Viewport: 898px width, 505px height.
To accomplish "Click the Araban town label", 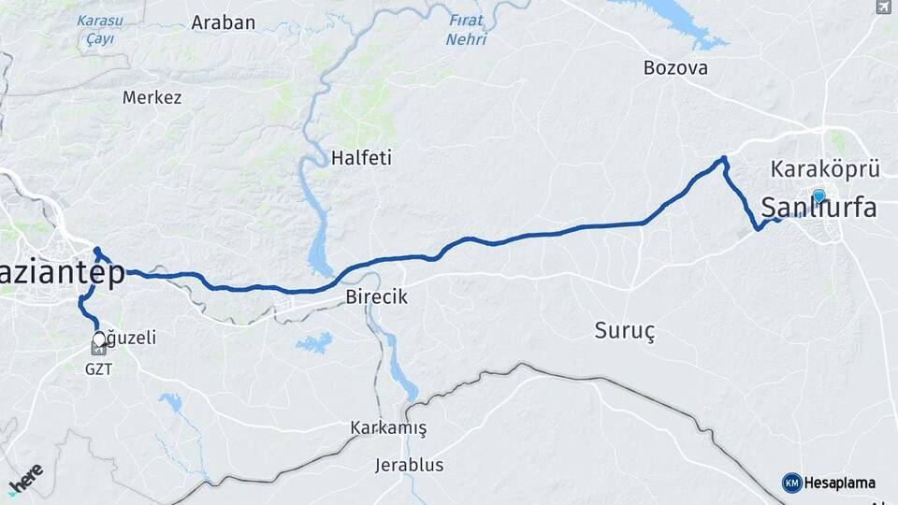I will (223, 23).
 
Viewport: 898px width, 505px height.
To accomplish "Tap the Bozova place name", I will (675, 68).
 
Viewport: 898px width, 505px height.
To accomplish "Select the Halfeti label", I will (361, 158).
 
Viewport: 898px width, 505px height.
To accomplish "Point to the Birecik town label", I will (377, 296).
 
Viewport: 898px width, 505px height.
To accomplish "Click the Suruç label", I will (625, 329).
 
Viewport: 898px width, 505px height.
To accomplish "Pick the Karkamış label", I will (388, 428).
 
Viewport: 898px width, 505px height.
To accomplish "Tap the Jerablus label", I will (410, 465).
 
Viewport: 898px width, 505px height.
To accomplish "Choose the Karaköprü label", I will (826, 169).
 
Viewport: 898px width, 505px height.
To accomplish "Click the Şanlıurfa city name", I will (819, 208).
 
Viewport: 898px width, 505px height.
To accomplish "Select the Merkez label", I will (152, 97).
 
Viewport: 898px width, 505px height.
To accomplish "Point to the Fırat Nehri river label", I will (465, 29).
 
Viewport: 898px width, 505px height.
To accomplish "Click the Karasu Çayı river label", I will (100, 29).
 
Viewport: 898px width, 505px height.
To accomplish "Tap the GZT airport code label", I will (98, 369).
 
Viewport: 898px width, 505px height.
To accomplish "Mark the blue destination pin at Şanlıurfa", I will (818, 196).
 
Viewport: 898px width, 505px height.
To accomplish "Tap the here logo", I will (25, 479).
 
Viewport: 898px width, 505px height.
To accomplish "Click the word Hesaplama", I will (840, 483).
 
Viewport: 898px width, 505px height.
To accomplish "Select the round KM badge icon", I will (791, 483).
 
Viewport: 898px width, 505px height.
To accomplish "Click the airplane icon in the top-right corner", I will (883, 7).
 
